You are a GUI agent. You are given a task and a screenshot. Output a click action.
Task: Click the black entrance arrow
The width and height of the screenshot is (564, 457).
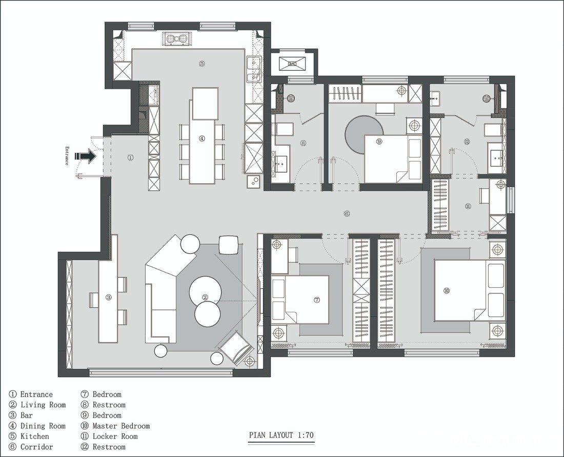86,156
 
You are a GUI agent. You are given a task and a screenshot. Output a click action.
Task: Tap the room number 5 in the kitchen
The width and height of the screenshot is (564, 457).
202,64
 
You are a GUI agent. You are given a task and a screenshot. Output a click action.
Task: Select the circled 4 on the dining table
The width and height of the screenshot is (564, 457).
202,138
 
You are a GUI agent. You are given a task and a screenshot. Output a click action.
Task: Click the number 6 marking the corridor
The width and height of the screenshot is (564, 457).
347,214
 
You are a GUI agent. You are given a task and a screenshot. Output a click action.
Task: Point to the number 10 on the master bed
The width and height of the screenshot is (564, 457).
447,291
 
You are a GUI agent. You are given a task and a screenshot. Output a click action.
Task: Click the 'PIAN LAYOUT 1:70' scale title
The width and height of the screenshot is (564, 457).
281,435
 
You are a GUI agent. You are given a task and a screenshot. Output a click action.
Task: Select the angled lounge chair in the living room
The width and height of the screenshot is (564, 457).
237,348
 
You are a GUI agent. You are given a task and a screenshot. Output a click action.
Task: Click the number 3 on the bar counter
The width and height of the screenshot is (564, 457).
108,297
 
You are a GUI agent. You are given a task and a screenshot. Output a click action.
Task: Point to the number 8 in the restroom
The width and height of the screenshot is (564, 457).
303,143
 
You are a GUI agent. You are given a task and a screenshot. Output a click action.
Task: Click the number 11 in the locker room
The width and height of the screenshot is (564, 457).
468,207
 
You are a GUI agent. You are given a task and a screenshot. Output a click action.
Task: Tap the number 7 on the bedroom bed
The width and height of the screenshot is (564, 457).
316,300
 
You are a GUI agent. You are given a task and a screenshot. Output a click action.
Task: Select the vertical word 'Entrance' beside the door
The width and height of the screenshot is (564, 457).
67,156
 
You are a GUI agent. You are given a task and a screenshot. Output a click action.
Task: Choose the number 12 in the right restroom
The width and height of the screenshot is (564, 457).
467,142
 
